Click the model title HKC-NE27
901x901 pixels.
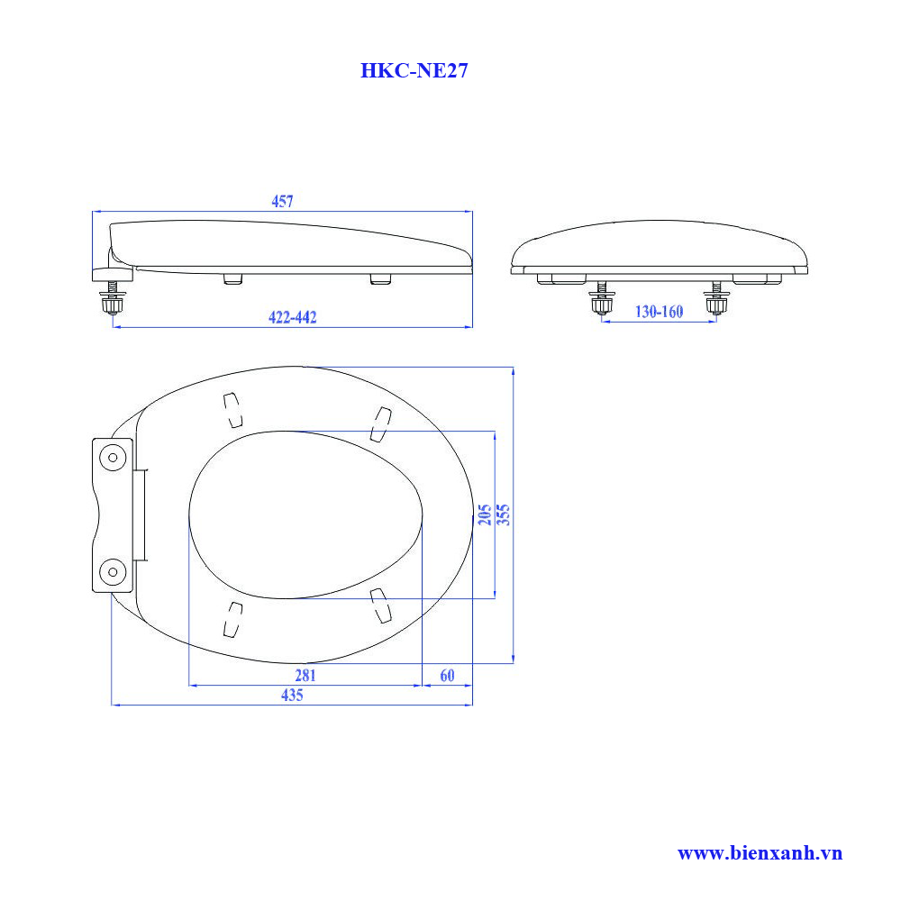[414, 71]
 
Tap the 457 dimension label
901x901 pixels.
[282, 203]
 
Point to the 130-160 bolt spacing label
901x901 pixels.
[660, 312]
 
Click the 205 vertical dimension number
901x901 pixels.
[485, 514]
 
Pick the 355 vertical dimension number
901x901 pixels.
[504, 514]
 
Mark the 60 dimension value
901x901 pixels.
[447, 675]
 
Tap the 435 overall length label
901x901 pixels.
[291, 695]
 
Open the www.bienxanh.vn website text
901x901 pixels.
[760, 852]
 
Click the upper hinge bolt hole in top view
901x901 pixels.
[113, 457]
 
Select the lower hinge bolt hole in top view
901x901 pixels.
[113, 569]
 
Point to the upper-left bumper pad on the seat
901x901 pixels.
[232, 410]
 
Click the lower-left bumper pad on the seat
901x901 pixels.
[232, 619]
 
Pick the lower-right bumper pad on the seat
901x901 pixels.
[382, 605]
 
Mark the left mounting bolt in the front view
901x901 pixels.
[602, 300]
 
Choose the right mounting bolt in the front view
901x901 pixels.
[716, 300]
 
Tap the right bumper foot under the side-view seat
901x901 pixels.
[380, 279]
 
